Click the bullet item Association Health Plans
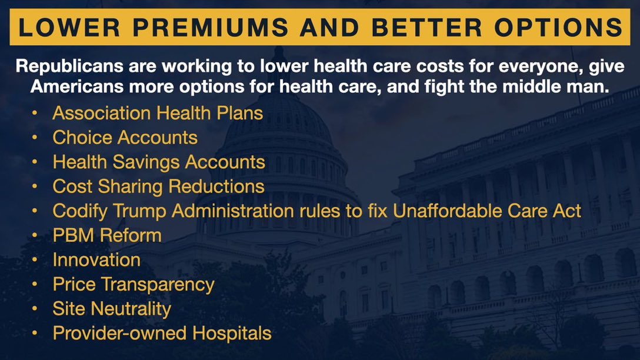158,112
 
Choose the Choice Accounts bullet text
125,137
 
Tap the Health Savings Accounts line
159,162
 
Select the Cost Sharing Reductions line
158,186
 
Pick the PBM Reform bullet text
106,235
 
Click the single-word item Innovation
96,259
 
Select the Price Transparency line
134,284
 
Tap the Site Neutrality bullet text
112,309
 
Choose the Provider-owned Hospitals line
162,333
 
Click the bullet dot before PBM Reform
36,235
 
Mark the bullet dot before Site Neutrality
36,309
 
